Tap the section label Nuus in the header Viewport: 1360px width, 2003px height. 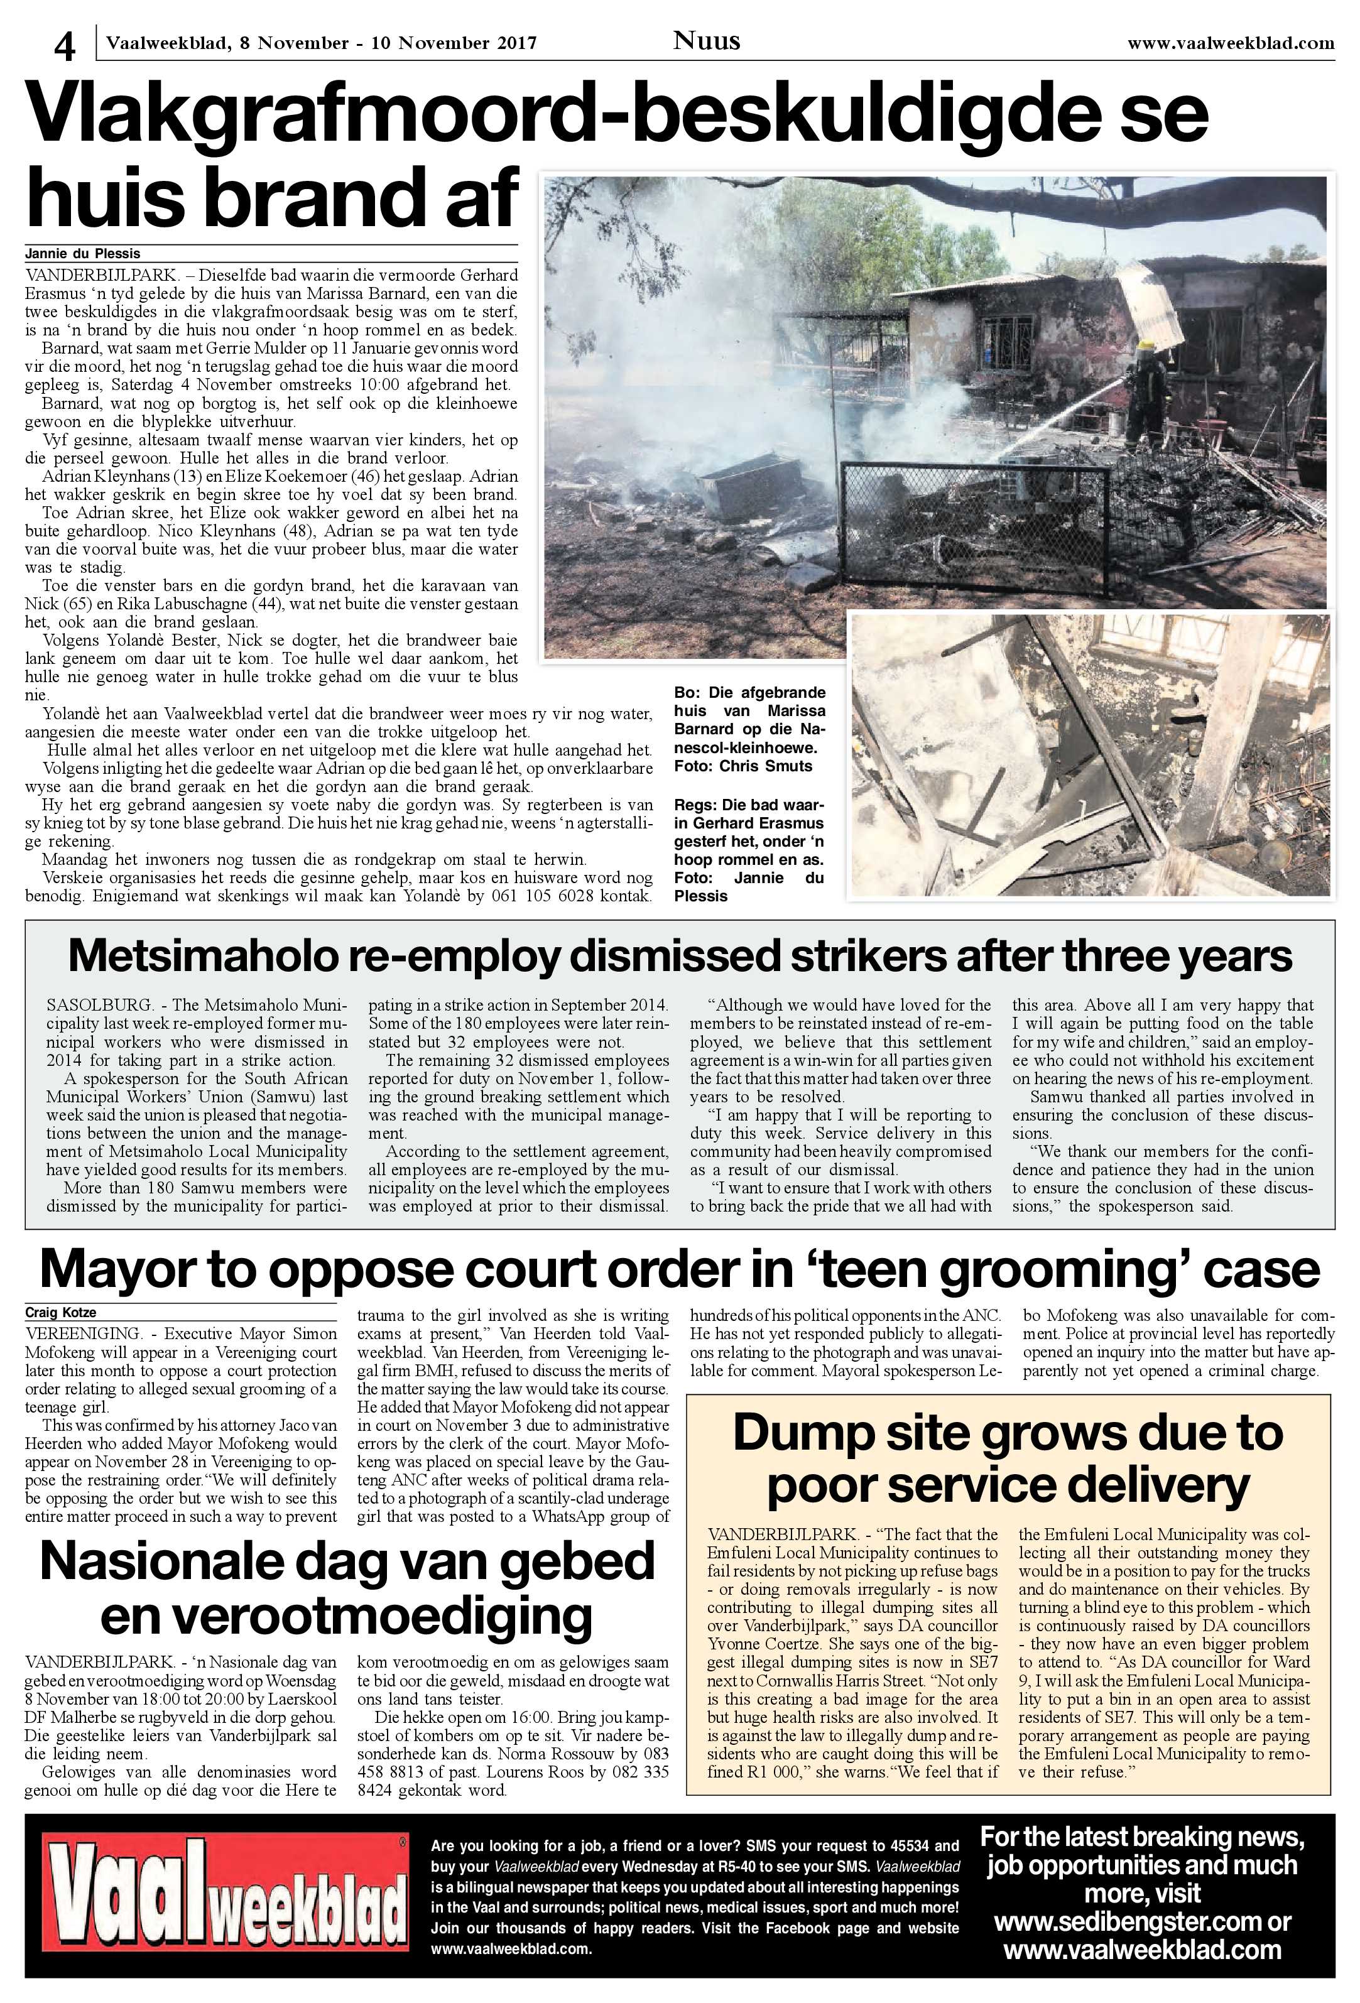click(706, 40)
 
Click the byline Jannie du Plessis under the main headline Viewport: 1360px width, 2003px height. click(83, 253)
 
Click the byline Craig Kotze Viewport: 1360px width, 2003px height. click(60, 1313)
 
